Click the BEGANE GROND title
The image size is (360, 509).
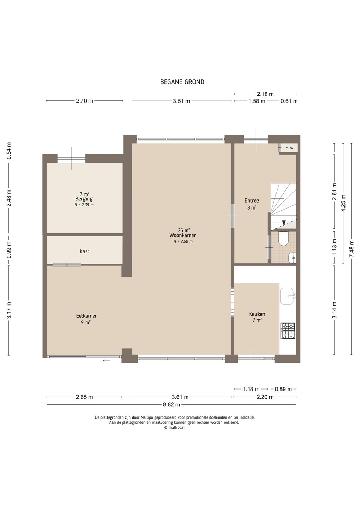(x=182, y=82)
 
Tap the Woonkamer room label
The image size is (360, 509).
(x=182, y=235)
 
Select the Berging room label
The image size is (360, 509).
(x=84, y=199)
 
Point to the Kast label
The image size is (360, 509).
(x=84, y=251)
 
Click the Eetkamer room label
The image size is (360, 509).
(x=86, y=316)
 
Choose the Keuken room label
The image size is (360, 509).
(x=257, y=314)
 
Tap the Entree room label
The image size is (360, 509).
(x=251, y=200)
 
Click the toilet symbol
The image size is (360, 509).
(x=283, y=239)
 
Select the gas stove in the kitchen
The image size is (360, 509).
(x=288, y=330)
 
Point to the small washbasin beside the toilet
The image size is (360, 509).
(x=292, y=258)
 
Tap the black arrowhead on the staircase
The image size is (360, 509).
(x=283, y=223)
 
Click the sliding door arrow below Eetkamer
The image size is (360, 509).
(x=106, y=361)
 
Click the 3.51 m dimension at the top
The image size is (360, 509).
(x=181, y=101)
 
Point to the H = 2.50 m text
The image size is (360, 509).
(x=183, y=241)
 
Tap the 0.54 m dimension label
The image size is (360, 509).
(x=8, y=151)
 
